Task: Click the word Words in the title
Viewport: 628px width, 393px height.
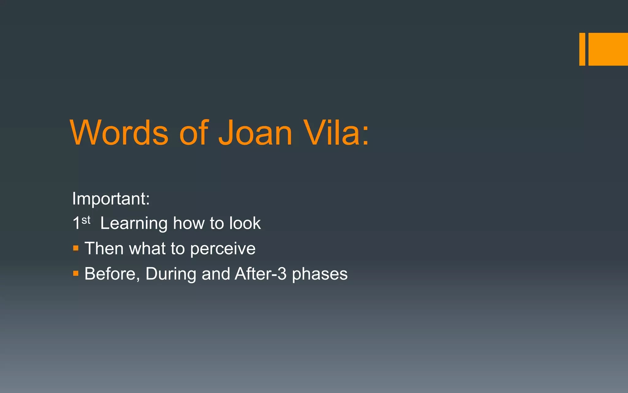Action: tap(119, 133)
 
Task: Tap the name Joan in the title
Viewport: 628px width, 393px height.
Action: tap(255, 133)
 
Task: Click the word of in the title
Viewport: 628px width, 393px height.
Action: tap(194, 133)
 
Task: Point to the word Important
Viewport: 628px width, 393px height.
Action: tap(111, 199)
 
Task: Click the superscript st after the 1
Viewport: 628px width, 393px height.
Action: tap(86, 220)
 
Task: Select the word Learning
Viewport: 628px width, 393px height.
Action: tap(134, 223)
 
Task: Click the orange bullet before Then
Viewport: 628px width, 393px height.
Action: tap(76, 248)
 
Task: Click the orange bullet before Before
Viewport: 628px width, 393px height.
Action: tap(76, 273)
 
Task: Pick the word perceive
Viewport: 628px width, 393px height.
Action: tap(223, 248)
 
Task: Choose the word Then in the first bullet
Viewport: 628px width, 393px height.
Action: tap(104, 248)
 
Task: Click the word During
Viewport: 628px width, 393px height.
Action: tap(171, 274)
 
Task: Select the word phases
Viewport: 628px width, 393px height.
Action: tap(320, 274)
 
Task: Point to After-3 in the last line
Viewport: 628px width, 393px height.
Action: tap(261, 274)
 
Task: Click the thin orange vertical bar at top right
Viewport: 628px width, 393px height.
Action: tap(582, 49)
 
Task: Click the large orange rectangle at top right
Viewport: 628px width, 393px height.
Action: tap(608, 49)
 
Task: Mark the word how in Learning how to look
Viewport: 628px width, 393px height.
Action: tap(189, 223)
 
